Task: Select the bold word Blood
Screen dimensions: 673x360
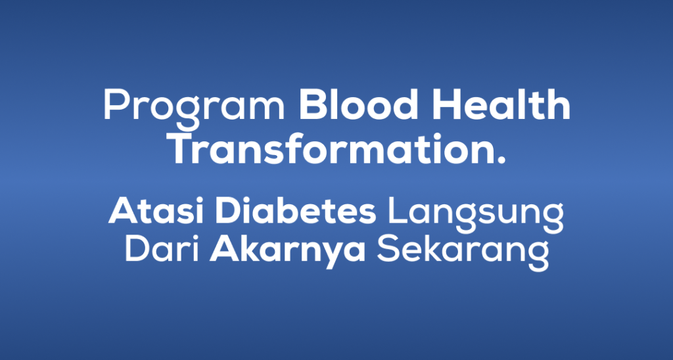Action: click(x=358, y=104)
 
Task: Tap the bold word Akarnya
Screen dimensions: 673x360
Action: click(x=287, y=253)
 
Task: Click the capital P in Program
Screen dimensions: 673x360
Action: click(x=116, y=105)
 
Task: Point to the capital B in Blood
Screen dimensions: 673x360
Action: click(x=312, y=105)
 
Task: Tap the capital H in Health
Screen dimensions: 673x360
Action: click(x=446, y=105)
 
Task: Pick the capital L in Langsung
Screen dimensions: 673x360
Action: click(x=398, y=212)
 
